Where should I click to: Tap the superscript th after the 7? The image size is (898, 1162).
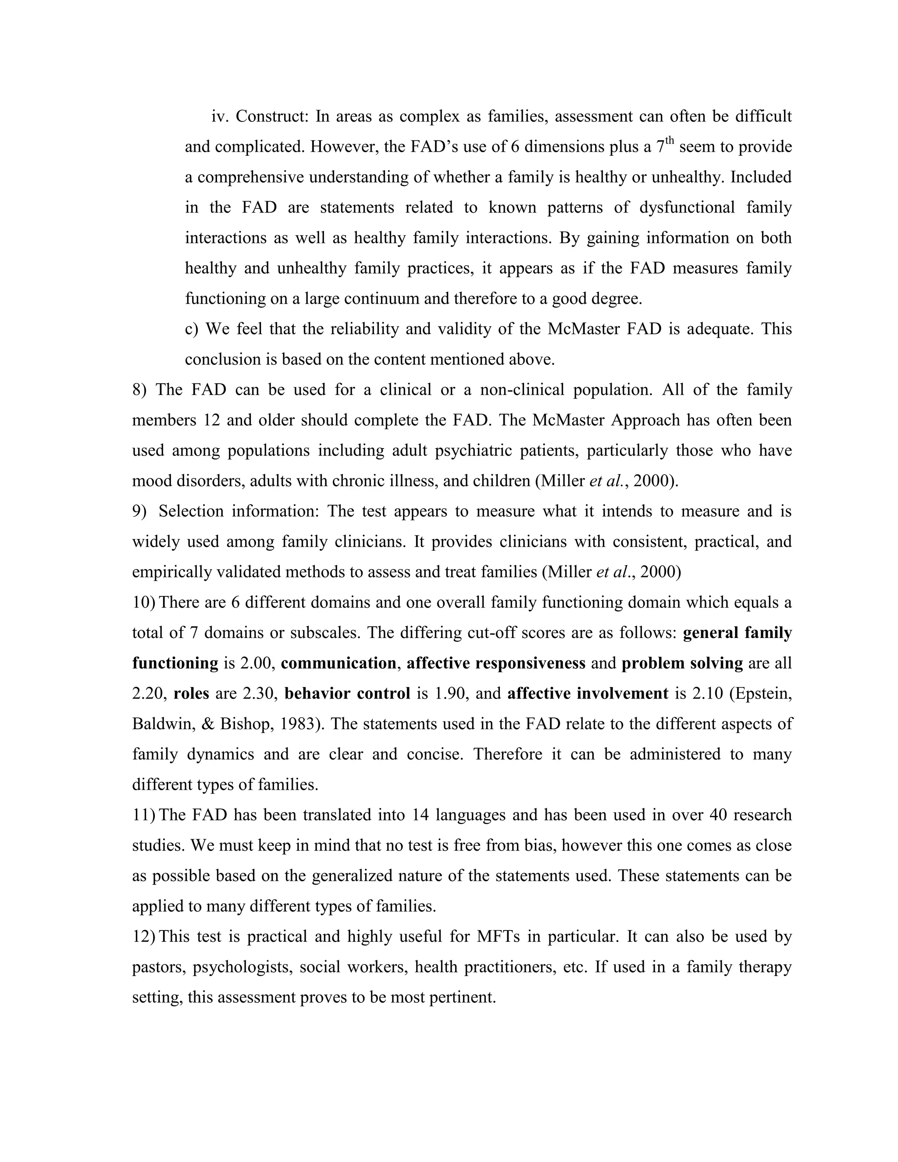pos(669,141)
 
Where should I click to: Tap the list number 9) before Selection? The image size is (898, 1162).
pos(139,511)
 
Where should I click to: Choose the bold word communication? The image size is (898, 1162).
pos(339,663)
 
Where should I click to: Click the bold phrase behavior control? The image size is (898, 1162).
pos(347,693)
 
